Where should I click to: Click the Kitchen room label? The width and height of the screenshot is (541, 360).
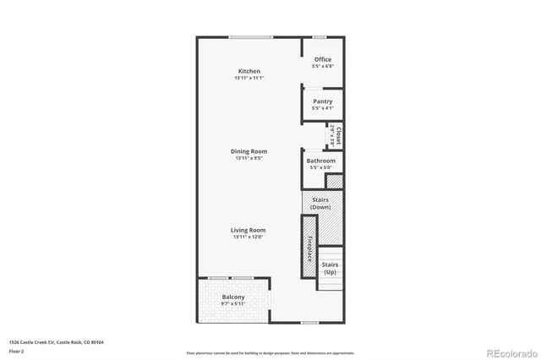pos(249,71)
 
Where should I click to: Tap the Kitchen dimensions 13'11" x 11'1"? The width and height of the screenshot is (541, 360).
pos(249,79)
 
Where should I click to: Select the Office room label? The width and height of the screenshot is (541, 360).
pos(322,59)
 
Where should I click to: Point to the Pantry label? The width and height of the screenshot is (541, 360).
pos(322,101)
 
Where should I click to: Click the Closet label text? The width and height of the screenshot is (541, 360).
pos(338,135)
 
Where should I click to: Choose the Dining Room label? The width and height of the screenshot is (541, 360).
pos(249,151)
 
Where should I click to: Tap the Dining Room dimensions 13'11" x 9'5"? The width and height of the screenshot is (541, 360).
pos(249,158)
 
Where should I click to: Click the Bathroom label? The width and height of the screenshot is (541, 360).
pos(321,161)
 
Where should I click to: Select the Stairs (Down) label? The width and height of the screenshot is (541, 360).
pos(320,204)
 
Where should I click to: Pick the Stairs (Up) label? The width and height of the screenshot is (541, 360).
pos(330,269)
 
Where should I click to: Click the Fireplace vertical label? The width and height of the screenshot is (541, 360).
pos(309,248)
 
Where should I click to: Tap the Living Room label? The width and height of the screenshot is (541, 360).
pos(249,230)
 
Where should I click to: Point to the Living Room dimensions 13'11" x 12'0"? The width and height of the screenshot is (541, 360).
pos(249,237)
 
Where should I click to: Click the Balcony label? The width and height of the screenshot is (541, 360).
pos(233,297)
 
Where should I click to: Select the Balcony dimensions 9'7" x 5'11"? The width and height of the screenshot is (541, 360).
pos(233,304)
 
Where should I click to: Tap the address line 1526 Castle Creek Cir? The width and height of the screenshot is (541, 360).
pos(61,342)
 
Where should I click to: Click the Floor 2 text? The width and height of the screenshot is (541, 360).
pos(17,350)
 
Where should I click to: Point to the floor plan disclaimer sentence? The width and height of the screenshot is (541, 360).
pos(270,352)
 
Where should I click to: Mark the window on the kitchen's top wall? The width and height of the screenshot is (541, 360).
pos(245,36)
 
